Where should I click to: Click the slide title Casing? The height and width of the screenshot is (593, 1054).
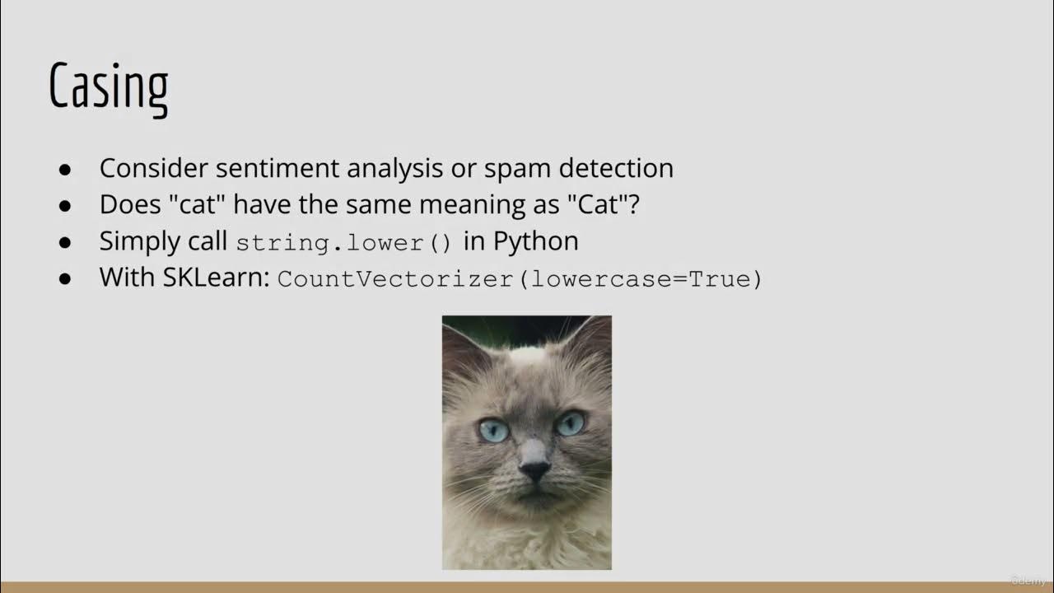point(108,86)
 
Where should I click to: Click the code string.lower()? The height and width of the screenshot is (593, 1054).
point(344,243)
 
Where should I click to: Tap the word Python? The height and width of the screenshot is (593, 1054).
point(536,241)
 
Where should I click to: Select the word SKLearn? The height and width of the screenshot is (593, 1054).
point(216,277)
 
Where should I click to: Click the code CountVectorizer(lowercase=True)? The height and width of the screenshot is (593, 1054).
point(520,279)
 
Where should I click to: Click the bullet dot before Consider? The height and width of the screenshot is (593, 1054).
point(66,169)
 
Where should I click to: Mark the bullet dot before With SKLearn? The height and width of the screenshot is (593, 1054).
point(66,278)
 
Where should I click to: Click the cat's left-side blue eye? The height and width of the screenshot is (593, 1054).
point(493,430)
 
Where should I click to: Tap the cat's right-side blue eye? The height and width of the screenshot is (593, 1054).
point(570,423)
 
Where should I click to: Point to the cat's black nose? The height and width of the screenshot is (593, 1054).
point(535,470)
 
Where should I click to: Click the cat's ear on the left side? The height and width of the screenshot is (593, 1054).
point(461,346)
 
